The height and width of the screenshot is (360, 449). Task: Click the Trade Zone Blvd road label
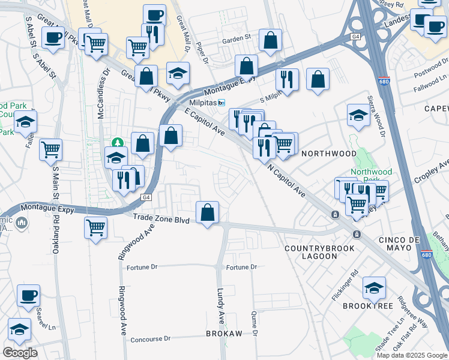(x=161, y=220)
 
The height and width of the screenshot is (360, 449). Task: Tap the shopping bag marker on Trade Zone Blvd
(x=207, y=213)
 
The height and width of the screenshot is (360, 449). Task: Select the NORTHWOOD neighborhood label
(x=328, y=154)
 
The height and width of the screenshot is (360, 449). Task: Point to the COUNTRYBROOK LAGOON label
(x=311, y=252)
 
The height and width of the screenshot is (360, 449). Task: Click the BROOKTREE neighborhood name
(x=367, y=306)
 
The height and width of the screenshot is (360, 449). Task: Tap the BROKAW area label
(x=224, y=334)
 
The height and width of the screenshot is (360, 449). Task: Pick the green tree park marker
(x=117, y=143)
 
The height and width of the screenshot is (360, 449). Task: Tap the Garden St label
(x=236, y=38)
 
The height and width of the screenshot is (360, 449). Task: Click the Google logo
(x=20, y=353)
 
